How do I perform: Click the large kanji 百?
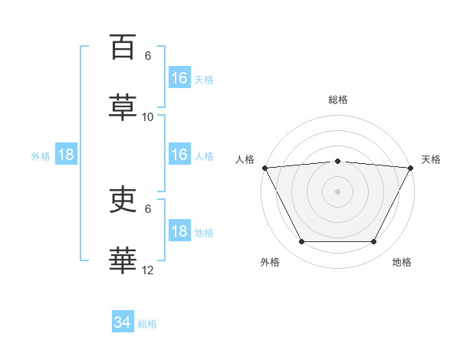point(123,47)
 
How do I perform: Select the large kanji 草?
point(123,107)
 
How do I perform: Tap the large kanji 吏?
point(123,199)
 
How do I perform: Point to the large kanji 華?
point(123,260)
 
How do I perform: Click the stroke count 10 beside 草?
point(147,117)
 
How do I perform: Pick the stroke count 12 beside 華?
point(147,270)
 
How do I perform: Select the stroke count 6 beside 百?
point(148,56)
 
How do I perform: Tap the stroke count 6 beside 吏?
point(148,209)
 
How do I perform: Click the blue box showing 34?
point(123,321)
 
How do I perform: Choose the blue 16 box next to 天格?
point(179,77)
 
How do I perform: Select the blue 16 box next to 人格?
point(179,154)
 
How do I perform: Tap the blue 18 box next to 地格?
point(179,230)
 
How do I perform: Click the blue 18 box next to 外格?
point(66,154)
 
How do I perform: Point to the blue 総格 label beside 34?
point(147,324)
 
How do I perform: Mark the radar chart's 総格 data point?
point(337,162)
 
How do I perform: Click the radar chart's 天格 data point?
point(410,168)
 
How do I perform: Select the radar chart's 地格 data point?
point(373,241)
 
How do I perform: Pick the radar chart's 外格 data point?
point(302,241)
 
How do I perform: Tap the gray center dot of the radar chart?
point(337,191)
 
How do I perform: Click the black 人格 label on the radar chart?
point(245,159)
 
